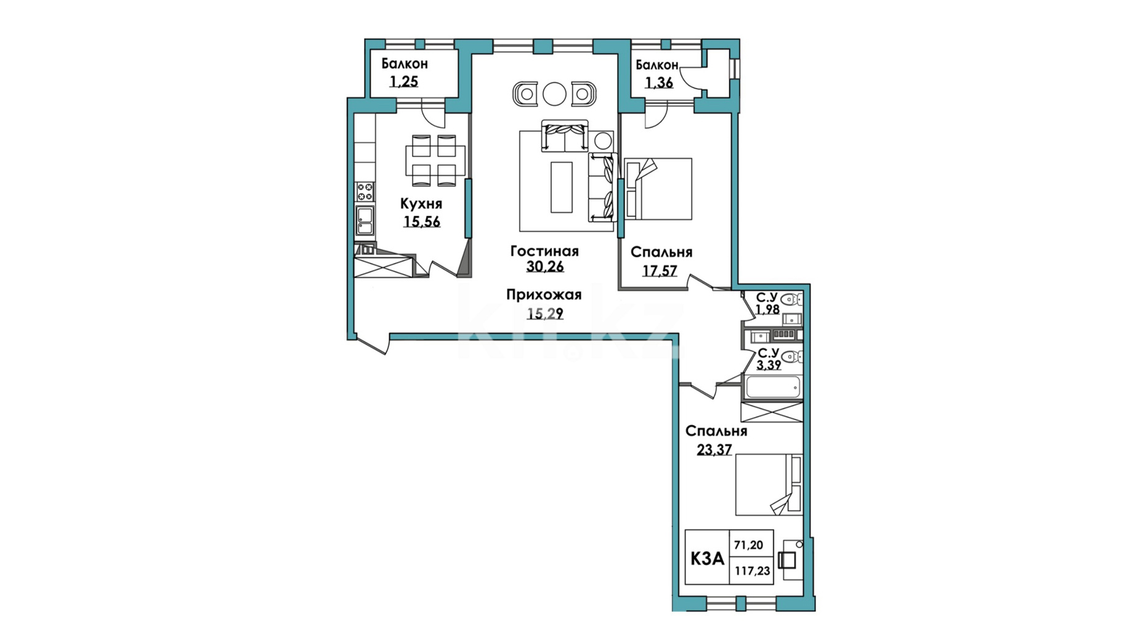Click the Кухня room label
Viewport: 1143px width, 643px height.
(x=421, y=204)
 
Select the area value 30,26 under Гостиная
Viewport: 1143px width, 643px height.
(x=545, y=267)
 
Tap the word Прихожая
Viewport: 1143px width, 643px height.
(x=544, y=295)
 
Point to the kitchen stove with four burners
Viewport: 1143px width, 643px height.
(x=365, y=192)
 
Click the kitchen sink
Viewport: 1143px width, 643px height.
(x=365, y=220)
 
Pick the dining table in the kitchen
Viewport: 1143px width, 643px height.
(x=434, y=161)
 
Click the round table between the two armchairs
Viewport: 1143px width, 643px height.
(x=554, y=94)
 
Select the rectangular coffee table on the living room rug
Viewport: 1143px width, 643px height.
(x=562, y=187)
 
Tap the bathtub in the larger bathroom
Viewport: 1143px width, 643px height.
(x=773, y=387)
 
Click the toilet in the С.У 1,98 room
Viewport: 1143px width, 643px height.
(x=791, y=300)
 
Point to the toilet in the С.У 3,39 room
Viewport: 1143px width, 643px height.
(x=792, y=357)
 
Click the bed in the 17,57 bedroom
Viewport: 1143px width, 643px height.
(x=658, y=189)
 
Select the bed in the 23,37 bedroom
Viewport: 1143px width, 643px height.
(x=769, y=485)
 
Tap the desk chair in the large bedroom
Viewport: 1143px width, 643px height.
(x=787, y=560)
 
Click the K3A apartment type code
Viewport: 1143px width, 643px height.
(x=707, y=559)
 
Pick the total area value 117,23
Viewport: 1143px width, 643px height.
(x=752, y=571)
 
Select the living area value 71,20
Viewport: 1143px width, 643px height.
(x=748, y=545)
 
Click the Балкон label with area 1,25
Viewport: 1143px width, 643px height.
(x=405, y=63)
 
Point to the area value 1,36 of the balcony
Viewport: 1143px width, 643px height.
(x=658, y=83)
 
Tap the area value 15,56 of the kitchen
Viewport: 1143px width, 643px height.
(x=422, y=222)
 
